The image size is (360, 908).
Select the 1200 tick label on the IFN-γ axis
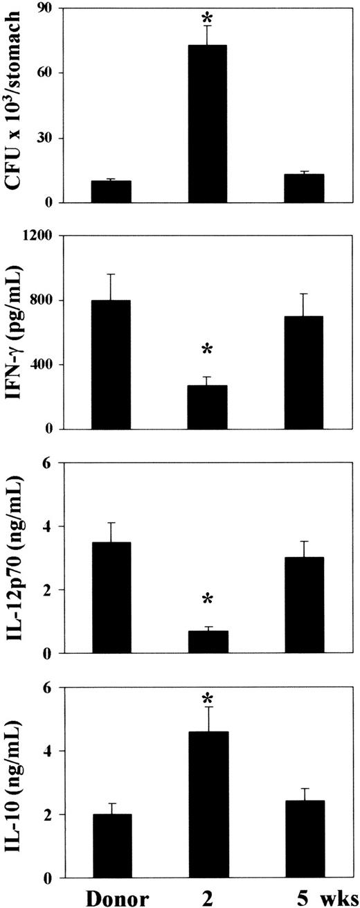click(39, 236)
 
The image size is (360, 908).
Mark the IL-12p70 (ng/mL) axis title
click(15, 558)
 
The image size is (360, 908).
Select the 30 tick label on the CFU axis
click(44, 138)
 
